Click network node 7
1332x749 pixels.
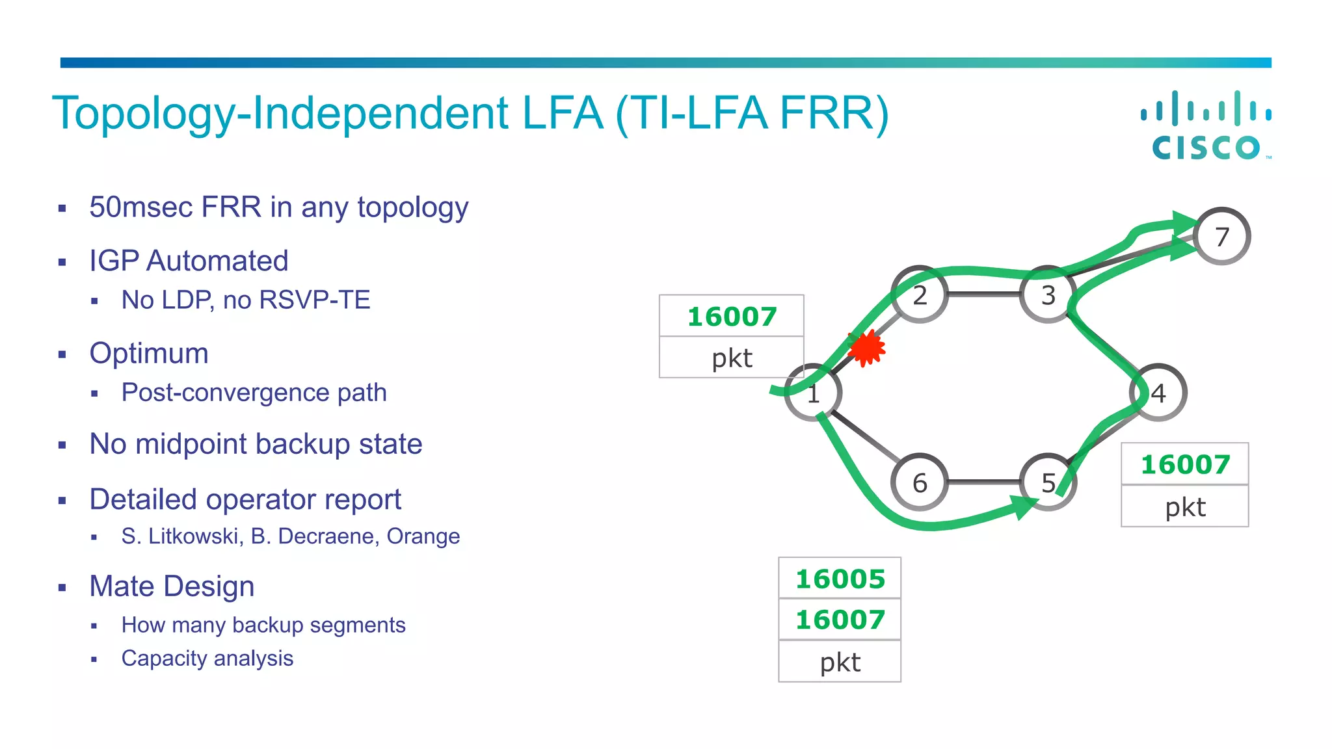pos(1222,237)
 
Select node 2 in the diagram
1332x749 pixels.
pos(919,295)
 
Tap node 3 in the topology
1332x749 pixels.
pos(1047,295)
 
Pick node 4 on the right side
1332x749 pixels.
pos(1158,393)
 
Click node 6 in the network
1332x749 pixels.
pos(919,482)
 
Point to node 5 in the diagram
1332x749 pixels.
pos(1047,482)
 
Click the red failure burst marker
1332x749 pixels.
pos(866,348)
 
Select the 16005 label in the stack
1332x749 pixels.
pos(840,579)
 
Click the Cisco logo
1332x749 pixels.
pos(1206,125)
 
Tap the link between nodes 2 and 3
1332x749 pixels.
pos(983,295)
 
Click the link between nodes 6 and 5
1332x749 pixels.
pos(983,482)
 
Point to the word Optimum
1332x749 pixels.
pos(149,354)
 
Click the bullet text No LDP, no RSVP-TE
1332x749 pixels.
pos(246,300)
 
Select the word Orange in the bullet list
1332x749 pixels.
pos(423,536)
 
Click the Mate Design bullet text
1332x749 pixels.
pos(172,586)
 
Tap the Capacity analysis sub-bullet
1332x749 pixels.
pos(207,659)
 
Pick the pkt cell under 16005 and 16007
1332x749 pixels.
pos(840,663)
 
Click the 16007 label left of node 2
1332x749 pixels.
pos(732,317)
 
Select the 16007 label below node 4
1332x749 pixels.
pos(1185,465)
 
